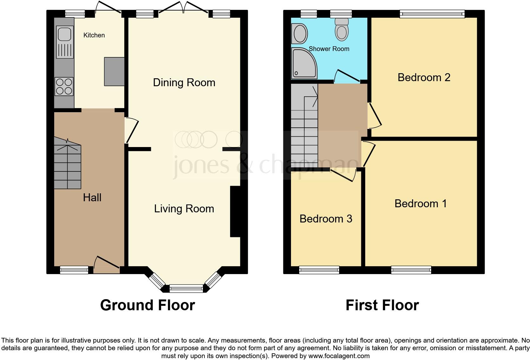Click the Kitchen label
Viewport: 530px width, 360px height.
(94, 35)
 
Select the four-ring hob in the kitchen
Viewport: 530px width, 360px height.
(64, 87)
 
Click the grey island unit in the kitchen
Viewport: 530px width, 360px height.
(114, 71)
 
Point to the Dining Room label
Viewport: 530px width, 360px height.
(184, 83)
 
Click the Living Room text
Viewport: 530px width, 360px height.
(184, 209)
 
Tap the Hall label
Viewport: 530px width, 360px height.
(92, 198)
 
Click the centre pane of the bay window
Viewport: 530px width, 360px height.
(186, 289)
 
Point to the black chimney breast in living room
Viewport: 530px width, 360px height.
(235, 211)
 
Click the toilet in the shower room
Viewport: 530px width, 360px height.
(342, 29)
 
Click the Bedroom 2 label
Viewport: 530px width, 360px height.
(424, 78)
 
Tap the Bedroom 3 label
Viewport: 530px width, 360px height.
(326, 219)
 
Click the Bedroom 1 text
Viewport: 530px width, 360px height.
(420, 203)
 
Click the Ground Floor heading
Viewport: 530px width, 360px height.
(147, 305)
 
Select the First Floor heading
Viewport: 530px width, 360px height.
(382, 305)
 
